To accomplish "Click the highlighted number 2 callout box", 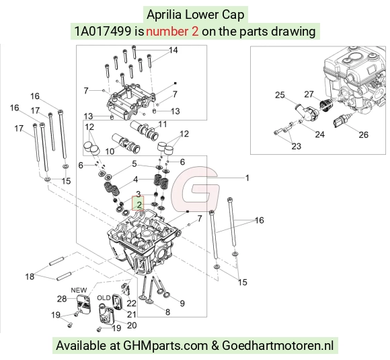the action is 138,203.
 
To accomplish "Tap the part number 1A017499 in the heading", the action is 103,32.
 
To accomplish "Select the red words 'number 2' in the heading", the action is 172,32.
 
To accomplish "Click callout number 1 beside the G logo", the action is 247,178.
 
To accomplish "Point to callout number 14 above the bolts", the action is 173,50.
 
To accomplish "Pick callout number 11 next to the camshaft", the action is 163,124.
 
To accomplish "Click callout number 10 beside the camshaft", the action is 110,151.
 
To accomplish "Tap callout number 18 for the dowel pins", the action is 30,277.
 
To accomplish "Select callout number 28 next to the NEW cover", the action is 62,299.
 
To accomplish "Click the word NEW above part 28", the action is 79,290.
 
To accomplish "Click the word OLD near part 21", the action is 104,298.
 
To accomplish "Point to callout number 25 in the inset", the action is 280,95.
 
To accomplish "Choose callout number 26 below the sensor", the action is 363,135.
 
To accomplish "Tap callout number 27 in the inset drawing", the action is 309,94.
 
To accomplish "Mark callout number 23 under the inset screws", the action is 297,146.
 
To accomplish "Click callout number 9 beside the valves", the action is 182,303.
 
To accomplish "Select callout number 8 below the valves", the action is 167,312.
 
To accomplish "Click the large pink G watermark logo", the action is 195,188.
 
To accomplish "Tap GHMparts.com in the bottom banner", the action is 165,346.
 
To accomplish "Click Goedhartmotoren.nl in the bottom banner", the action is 278,346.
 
